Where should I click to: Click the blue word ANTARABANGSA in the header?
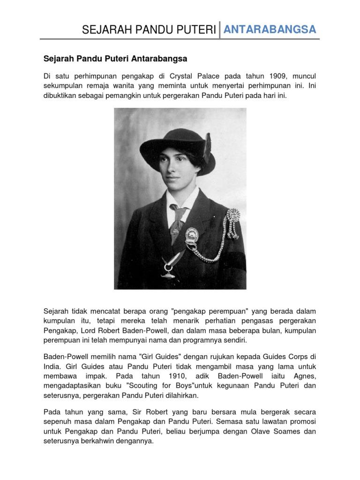click(270, 30)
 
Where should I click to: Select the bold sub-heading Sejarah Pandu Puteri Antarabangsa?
click(115, 59)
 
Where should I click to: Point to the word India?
click(52, 366)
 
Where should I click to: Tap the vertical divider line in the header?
click(219, 30)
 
